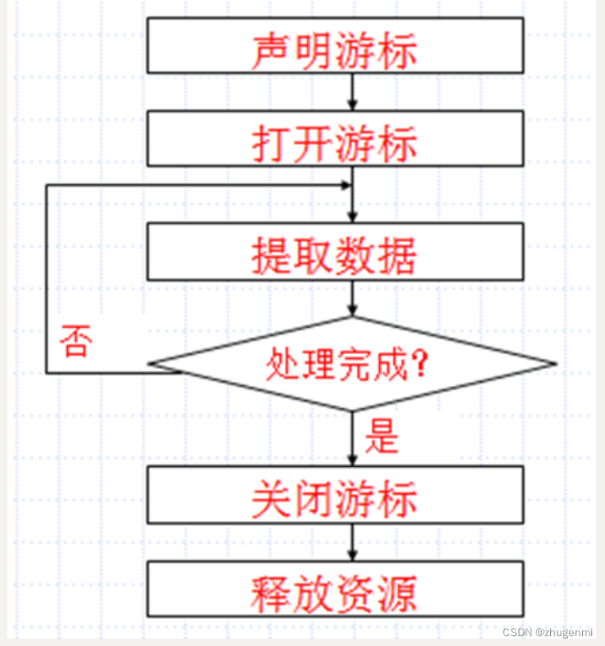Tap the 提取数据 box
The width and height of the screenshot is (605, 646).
click(x=335, y=253)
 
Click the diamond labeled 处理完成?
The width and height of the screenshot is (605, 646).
click(x=352, y=364)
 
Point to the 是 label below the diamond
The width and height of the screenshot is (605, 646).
click(x=381, y=437)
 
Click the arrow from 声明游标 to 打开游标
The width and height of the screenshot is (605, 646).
click(x=352, y=92)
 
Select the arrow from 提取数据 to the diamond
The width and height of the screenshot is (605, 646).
click(x=352, y=298)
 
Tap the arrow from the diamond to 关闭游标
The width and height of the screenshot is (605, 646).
click(x=352, y=438)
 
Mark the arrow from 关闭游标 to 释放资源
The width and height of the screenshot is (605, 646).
click(x=352, y=542)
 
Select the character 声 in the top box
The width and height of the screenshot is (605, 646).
click(x=270, y=50)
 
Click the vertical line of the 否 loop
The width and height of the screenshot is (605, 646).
click(x=47, y=278)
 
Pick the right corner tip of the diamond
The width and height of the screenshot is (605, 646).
click(x=555, y=364)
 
